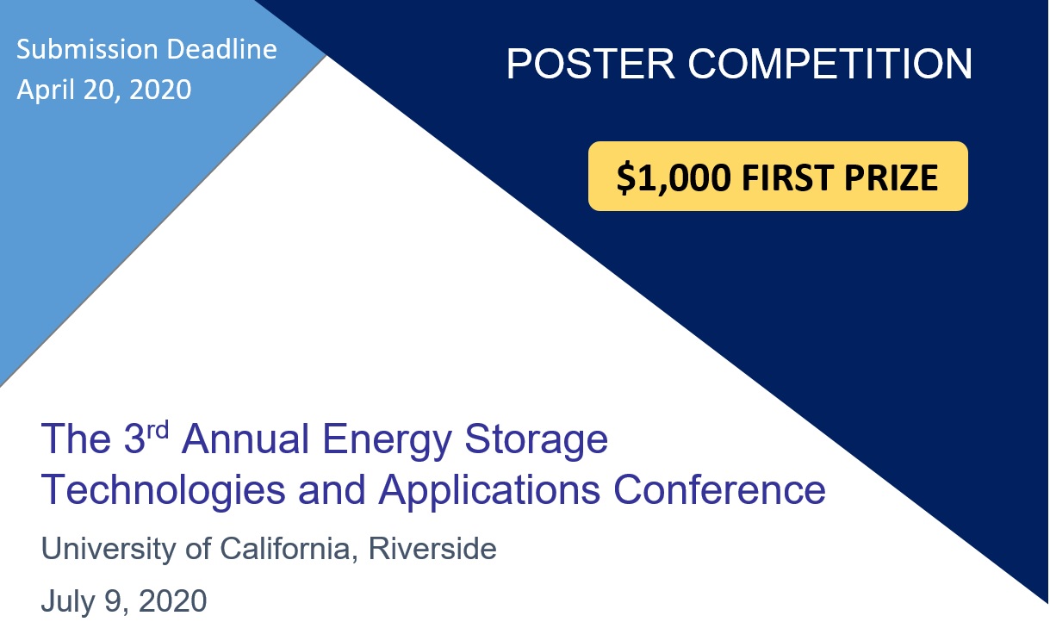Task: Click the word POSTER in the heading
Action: click(591, 64)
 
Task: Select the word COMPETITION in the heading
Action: click(830, 64)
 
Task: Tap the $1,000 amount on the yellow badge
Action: click(674, 177)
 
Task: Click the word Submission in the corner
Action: click(87, 49)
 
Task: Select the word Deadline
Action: click(221, 49)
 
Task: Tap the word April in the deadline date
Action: click(46, 90)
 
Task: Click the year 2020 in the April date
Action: click(160, 90)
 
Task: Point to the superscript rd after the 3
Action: click(158, 429)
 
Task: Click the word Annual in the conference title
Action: click(245, 439)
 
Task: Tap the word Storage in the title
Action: click(537, 440)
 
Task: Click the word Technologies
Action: click(163, 491)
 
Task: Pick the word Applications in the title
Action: click(489, 491)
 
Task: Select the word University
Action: click(108, 549)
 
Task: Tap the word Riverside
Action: click(432, 548)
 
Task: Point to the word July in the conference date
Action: click(67, 601)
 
